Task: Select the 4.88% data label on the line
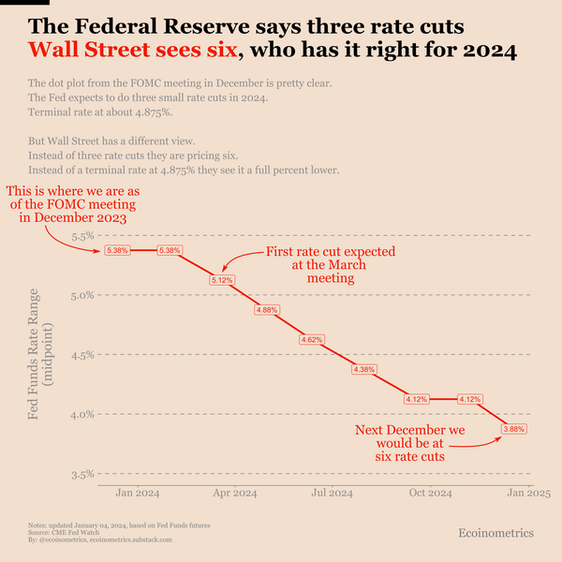[x=267, y=310]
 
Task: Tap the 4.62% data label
[x=312, y=339]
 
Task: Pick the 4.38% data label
[x=363, y=369]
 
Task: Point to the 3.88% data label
[x=514, y=428]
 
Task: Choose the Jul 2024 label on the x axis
[x=332, y=493]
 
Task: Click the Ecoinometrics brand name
[x=495, y=533]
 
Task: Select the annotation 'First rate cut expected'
[x=330, y=252]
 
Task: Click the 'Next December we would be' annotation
[x=409, y=443]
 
